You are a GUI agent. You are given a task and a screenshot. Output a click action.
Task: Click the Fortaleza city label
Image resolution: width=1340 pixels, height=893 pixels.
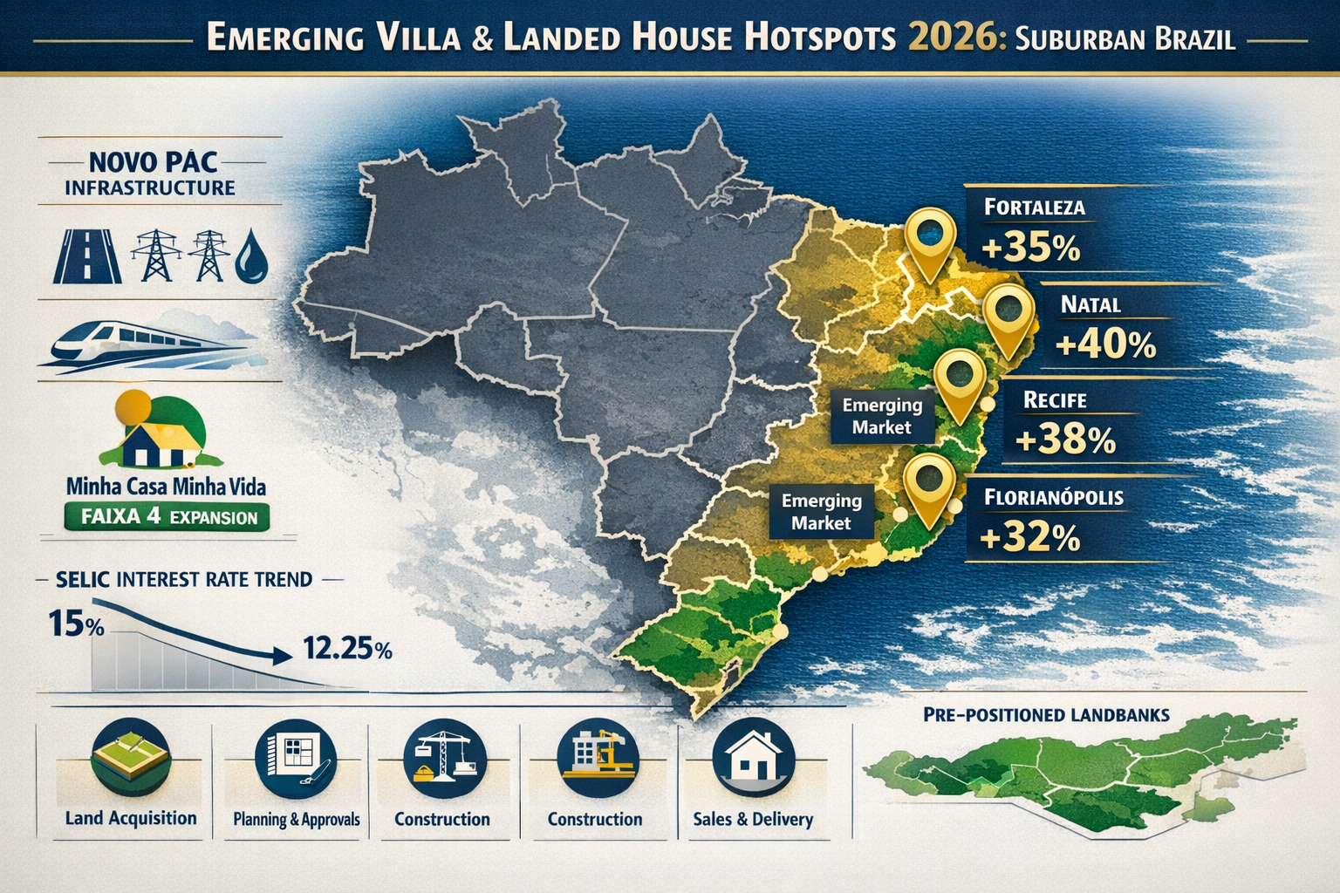pyautogui.click(x=1034, y=208)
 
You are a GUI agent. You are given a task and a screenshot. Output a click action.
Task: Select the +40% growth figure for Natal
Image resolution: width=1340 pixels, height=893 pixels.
pyautogui.click(x=1104, y=344)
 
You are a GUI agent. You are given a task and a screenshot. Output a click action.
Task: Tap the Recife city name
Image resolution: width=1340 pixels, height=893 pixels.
pyautogui.click(x=1054, y=400)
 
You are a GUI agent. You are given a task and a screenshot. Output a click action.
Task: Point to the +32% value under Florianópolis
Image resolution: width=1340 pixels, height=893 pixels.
pyautogui.click(x=1029, y=537)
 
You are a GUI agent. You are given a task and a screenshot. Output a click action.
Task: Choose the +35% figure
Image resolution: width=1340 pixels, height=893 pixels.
pyautogui.click(x=1030, y=248)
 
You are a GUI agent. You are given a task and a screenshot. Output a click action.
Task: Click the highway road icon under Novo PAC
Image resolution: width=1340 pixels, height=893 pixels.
pyautogui.click(x=88, y=255)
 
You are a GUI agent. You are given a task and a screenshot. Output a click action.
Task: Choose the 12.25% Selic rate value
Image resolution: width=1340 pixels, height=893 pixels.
pyautogui.click(x=346, y=649)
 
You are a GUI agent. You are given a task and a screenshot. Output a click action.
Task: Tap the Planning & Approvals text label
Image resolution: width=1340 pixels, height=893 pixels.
pyautogui.click(x=297, y=820)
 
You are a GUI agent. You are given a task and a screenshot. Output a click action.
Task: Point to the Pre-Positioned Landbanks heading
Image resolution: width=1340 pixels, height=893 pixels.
pyautogui.click(x=1045, y=715)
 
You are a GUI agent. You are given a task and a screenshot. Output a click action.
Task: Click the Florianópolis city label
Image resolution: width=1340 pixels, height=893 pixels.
pyautogui.click(x=1053, y=498)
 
